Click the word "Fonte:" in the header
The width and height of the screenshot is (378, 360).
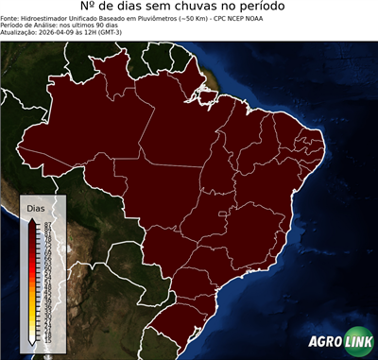point(10,4)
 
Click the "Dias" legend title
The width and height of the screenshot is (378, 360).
point(35,207)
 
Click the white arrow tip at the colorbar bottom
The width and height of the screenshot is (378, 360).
point(33,342)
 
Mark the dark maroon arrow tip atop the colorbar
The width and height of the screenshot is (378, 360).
point(33,218)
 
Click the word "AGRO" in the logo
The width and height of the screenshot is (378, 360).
point(325,341)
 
